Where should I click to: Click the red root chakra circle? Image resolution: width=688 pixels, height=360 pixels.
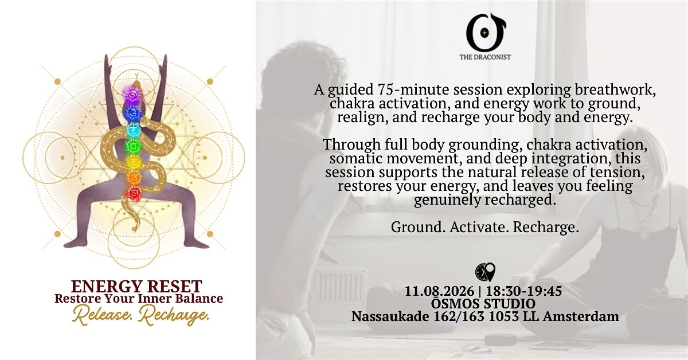(x=133, y=194)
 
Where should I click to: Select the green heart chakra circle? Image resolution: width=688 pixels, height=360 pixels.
(x=132, y=146)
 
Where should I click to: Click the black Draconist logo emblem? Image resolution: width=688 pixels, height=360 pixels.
(x=485, y=33)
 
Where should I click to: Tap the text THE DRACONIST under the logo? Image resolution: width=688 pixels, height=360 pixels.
(x=485, y=57)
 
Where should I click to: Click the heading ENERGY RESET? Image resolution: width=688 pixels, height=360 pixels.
(x=136, y=286)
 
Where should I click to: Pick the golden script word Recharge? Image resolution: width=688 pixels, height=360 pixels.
(x=174, y=315)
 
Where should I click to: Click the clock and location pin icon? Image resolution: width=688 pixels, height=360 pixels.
(x=485, y=272)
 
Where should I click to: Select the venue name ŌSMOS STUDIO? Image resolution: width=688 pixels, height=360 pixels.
(x=483, y=303)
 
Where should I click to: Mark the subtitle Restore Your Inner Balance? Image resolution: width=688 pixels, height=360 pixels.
(x=139, y=298)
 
